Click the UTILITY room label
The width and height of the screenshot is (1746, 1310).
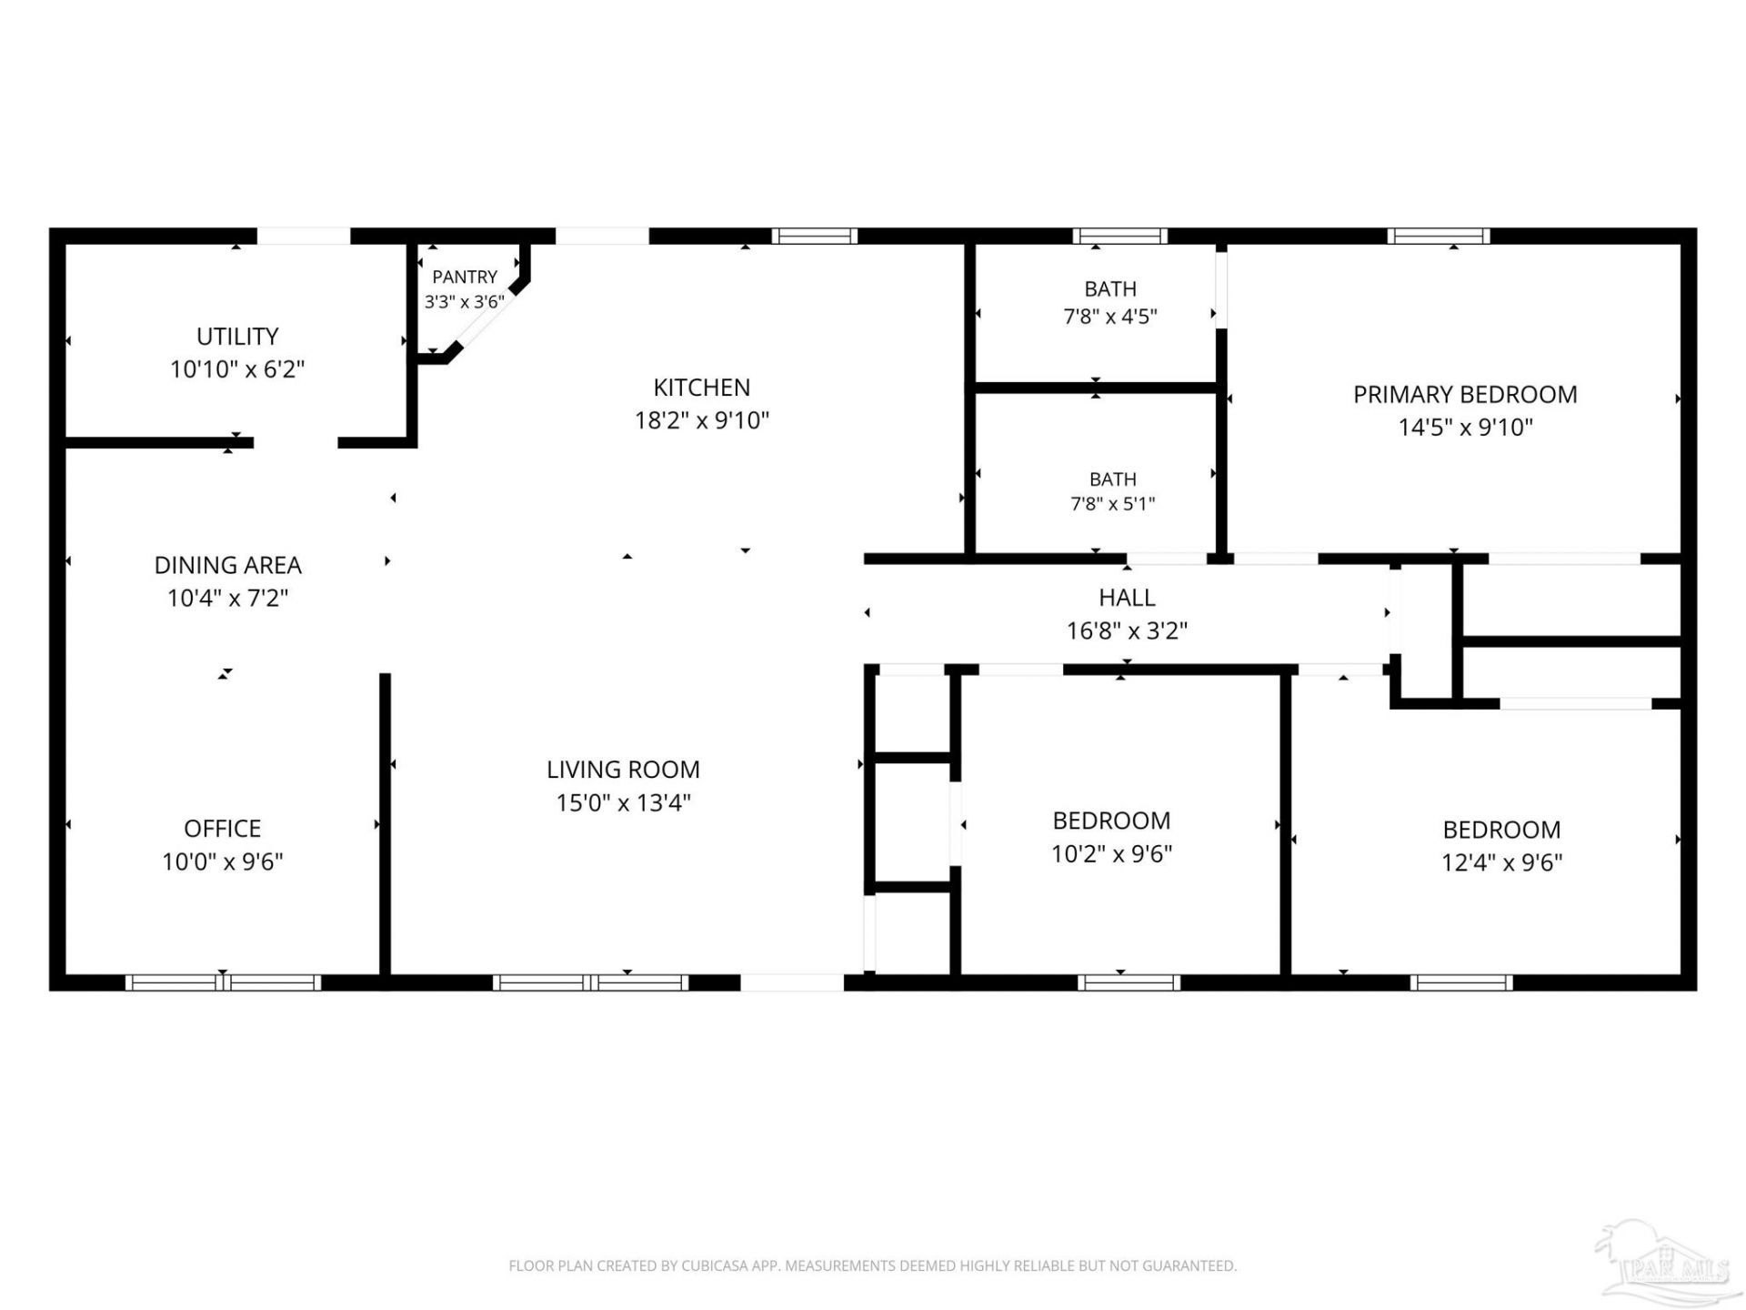click(237, 337)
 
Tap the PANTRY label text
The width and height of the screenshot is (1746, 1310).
click(465, 277)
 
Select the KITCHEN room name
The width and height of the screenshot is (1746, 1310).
click(702, 388)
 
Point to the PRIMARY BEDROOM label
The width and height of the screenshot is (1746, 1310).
click(1465, 395)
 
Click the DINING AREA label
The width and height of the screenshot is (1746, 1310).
click(228, 565)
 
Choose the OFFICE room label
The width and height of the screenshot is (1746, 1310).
click(223, 829)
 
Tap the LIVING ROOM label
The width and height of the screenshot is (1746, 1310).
click(623, 770)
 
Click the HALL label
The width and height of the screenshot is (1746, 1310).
click(1127, 598)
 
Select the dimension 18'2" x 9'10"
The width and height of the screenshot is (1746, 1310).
click(702, 420)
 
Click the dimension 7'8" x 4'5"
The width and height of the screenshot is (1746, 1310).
click(1110, 317)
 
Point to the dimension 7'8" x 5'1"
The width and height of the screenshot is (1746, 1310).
click(1113, 503)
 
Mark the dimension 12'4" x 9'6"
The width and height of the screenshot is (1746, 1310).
click(1502, 862)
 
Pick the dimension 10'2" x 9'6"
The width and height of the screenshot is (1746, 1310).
click(1111, 853)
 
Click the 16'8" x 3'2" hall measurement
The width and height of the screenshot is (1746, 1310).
click(1127, 630)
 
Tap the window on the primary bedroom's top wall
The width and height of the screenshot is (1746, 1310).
click(1439, 237)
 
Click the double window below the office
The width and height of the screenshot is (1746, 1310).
click(223, 982)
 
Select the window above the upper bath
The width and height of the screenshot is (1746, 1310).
click(1120, 237)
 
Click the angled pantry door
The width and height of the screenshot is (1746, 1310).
click(486, 318)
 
